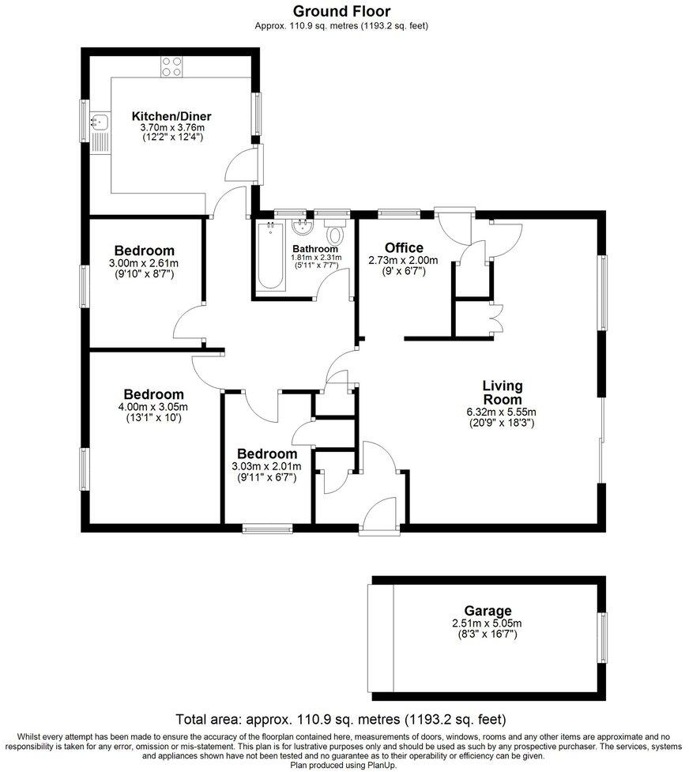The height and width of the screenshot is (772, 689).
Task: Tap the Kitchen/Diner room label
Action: pos(171,116)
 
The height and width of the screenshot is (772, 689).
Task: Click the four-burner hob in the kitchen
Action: pos(171,67)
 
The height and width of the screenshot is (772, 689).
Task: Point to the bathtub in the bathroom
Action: pos(268,257)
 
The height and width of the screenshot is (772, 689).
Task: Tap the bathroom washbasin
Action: pos(302,228)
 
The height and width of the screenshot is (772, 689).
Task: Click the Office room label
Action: pos(404,248)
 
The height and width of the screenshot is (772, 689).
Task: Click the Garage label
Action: pos(488,611)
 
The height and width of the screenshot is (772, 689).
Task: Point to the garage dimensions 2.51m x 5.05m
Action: pos(488,623)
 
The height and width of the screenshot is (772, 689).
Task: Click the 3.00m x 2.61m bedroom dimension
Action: pos(144,264)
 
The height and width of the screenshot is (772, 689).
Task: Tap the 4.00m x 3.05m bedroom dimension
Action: pos(153,407)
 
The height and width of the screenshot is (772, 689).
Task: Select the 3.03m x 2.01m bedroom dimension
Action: pos(267,467)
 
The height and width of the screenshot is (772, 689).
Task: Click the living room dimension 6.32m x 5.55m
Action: pos(502,412)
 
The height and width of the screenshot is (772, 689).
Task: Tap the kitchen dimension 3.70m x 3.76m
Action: pos(172,127)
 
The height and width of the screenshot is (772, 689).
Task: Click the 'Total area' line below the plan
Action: pos(341,719)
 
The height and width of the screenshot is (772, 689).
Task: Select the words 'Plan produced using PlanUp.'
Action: pos(344,765)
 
